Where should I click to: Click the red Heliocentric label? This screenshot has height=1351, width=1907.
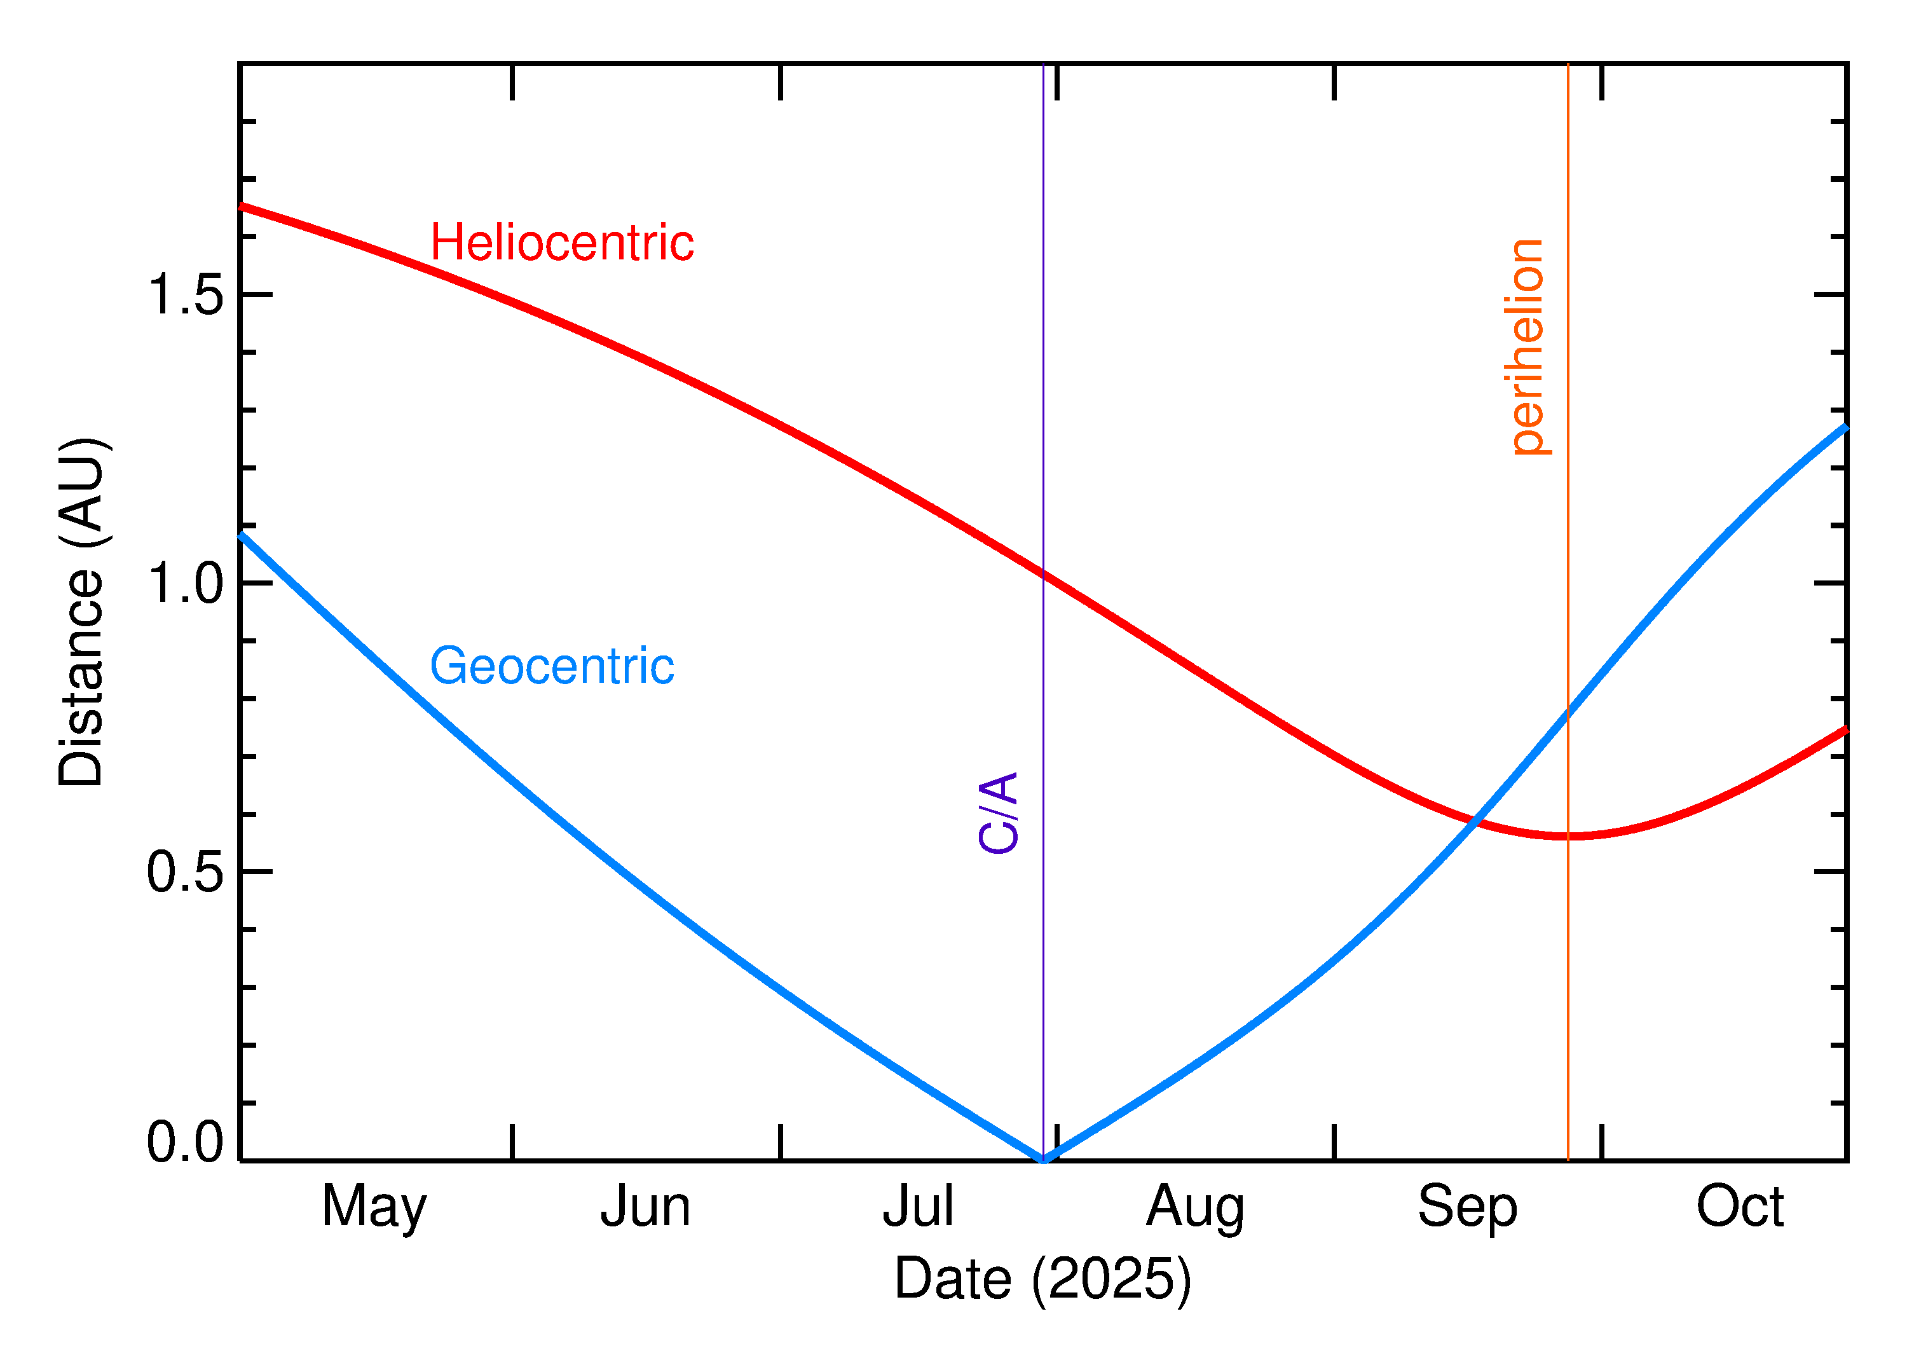pos(561,243)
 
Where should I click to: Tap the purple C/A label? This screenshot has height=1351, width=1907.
pos(999,813)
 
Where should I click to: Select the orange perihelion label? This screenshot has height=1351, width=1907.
pos(1527,347)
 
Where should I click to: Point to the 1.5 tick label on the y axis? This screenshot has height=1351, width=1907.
pos(186,294)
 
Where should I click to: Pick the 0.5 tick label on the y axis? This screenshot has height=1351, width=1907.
pos(186,873)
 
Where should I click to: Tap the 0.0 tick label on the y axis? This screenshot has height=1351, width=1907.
pos(186,1141)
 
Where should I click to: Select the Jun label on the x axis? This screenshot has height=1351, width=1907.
pos(645,1207)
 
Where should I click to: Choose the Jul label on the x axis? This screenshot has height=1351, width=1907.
pos(917,1207)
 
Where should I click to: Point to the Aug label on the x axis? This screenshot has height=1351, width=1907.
pos(1195,1207)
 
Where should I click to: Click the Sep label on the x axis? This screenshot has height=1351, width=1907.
pos(1467,1207)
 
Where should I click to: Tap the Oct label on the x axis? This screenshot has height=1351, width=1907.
pos(1740,1207)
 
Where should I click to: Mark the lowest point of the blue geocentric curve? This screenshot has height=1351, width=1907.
pos(1043,1160)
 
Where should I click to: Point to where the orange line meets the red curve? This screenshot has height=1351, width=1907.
pos(1568,835)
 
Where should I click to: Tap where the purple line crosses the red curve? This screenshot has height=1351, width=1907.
pos(1043,573)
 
